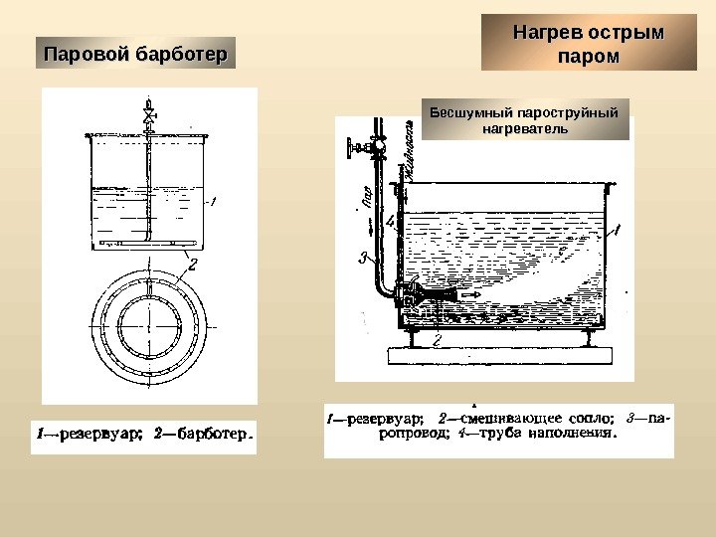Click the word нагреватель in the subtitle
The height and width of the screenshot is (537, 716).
pyautogui.click(x=525, y=128)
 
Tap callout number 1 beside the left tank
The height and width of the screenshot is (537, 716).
pyautogui.click(x=212, y=202)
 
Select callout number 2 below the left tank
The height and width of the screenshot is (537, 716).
pyautogui.click(x=192, y=264)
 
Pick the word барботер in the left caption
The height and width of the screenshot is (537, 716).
pyautogui.click(x=211, y=434)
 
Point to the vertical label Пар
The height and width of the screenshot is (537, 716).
pyautogui.click(x=364, y=199)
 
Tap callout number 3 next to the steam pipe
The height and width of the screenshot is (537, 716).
pyautogui.click(x=363, y=259)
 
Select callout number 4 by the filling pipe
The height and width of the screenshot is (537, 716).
pyautogui.click(x=390, y=220)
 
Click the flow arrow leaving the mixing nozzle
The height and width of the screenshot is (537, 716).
pyautogui.click(x=470, y=294)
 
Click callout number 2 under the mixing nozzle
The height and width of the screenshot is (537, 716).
pyautogui.click(x=438, y=341)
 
